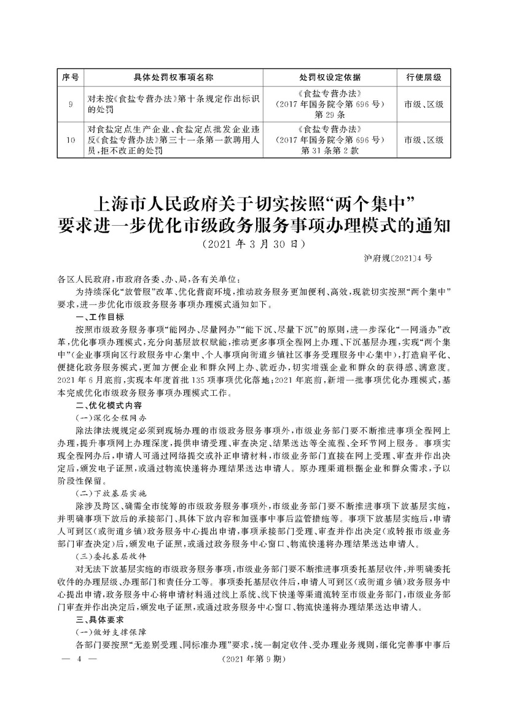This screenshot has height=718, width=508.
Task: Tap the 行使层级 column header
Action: [424, 77]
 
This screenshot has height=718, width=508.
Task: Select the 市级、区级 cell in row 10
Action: [424, 139]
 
